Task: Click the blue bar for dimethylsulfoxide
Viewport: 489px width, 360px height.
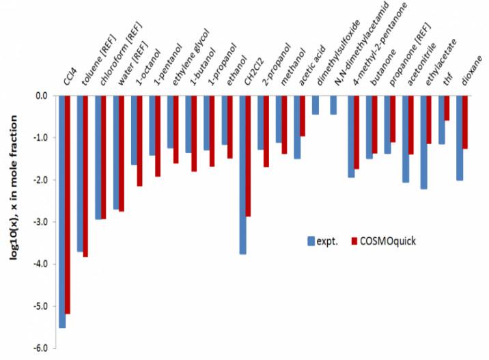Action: coord(315,105)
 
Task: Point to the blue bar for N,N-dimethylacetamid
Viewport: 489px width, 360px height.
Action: coord(333,105)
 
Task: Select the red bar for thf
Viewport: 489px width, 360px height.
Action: coord(447,109)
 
